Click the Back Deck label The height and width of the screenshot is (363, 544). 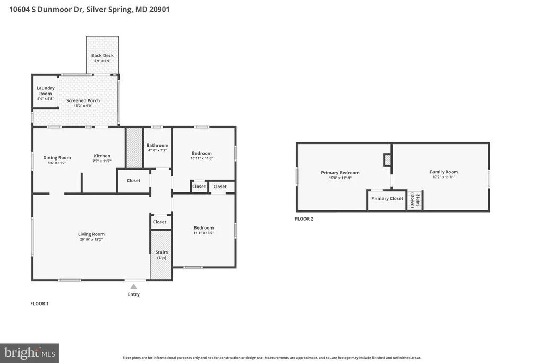coord(103,55)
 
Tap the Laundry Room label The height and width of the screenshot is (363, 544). coord(46,91)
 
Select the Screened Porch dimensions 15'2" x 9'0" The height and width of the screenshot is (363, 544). coord(83,106)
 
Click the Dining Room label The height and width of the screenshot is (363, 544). coord(57,157)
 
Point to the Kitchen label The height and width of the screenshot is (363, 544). coord(102,156)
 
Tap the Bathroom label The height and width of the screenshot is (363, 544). coord(157,146)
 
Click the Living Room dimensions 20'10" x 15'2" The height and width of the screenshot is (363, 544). coord(91,240)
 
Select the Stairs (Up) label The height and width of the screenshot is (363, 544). coord(161,255)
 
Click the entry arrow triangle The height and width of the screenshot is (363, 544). coord(133,286)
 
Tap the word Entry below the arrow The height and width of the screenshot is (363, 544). coord(133,294)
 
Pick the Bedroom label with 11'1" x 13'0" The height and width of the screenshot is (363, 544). coord(203,227)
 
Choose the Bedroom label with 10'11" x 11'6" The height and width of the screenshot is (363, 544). coord(202,153)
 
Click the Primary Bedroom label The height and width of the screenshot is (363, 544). coord(340,173)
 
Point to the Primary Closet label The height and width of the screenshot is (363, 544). coord(387,198)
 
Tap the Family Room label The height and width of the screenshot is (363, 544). coord(444,172)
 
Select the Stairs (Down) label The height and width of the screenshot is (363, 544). coord(415,200)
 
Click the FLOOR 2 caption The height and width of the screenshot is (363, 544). coord(304,218)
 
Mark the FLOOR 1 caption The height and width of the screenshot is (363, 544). coord(39,303)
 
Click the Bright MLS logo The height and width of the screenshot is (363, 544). coord(30,353)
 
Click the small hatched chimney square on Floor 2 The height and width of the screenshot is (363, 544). coord(387,160)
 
